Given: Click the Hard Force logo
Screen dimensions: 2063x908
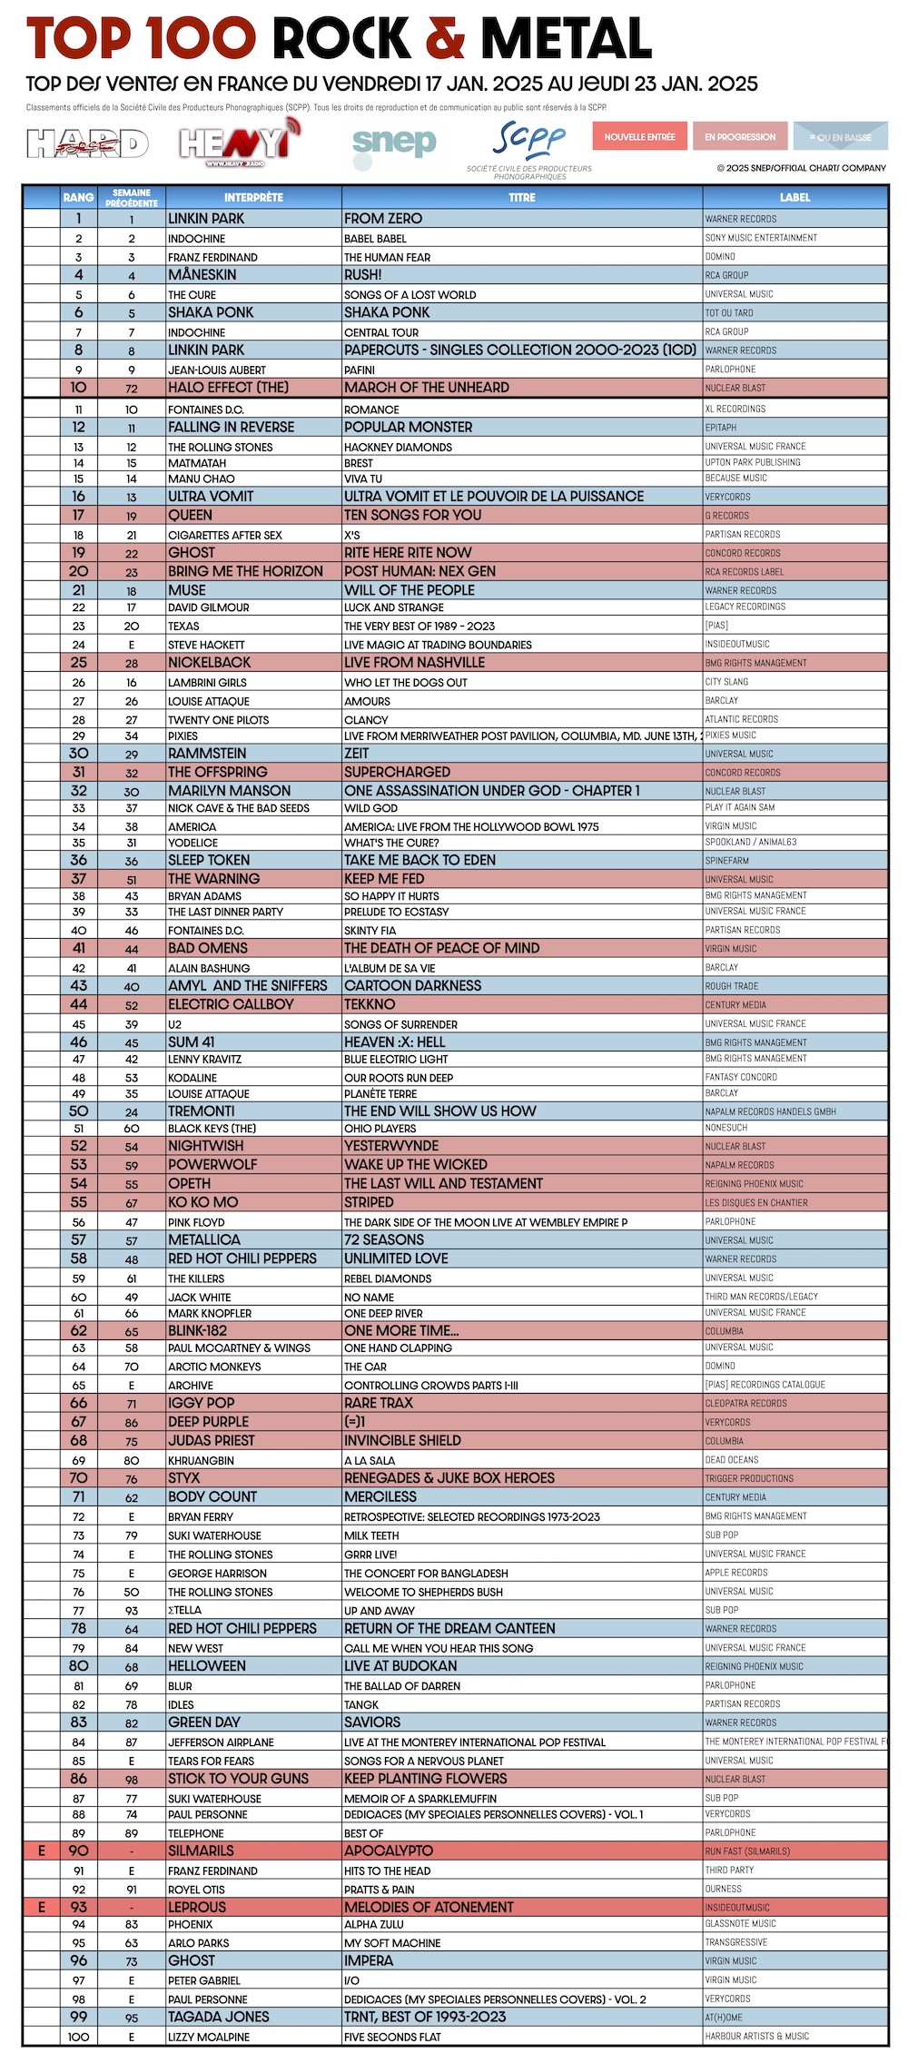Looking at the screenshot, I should click(87, 143).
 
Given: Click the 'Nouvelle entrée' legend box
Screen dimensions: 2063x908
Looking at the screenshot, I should click(640, 137).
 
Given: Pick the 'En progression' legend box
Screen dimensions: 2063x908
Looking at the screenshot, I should click(740, 137).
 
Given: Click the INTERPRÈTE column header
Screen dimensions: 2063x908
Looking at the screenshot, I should click(253, 197).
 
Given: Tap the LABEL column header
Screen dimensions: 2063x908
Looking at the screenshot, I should click(794, 197).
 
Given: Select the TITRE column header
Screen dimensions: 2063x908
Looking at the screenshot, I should click(521, 197).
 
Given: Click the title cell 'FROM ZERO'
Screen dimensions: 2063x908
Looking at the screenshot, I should click(383, 219).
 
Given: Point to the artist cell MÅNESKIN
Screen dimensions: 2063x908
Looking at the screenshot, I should click(202, 275).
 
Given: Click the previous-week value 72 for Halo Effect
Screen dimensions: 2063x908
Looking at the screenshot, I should click(132, 388).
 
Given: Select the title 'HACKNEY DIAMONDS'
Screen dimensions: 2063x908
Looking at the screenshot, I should click(398, 447).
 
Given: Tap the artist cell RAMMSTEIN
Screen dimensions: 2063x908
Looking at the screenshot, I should click(207, 754).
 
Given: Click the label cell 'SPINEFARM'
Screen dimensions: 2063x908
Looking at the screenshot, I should click(727, 860).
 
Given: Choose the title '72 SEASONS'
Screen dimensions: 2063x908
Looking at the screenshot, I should click(384, 1239).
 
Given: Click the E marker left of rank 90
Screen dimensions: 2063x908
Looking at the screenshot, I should click(41, 1851).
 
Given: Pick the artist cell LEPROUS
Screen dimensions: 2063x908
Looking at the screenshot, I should click(197, 1907).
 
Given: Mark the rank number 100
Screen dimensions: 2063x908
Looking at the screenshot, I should click(79, 2037).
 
